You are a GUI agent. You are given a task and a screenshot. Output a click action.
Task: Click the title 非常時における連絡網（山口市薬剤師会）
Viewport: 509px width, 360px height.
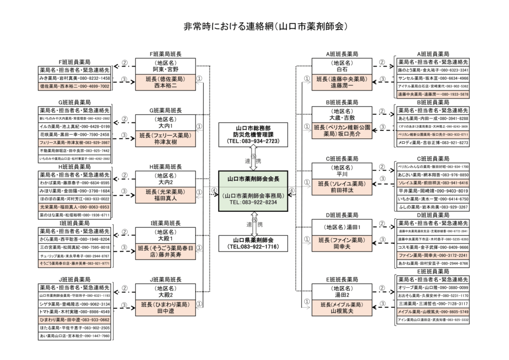point(254,25)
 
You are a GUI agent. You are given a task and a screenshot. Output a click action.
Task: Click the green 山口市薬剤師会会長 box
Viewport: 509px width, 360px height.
point(253,191)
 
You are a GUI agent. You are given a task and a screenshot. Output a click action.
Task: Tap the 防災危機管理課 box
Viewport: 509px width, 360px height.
point(253,134)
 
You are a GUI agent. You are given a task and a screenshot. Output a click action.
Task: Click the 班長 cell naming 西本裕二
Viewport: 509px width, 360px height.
point(166,83)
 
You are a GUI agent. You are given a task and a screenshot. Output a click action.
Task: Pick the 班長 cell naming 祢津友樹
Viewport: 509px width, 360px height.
point(166,138)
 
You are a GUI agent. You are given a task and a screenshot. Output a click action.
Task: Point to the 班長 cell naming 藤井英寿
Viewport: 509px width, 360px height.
point(166,252)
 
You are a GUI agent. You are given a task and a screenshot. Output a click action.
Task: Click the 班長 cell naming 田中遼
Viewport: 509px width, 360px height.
point(166,308)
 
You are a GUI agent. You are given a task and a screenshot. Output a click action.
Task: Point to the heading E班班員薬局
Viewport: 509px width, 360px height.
point(433,271)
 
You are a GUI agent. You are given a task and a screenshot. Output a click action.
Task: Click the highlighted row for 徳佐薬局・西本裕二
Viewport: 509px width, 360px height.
point(74,86)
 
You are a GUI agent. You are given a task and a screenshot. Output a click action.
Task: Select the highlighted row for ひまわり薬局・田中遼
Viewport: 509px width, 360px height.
point(74,320)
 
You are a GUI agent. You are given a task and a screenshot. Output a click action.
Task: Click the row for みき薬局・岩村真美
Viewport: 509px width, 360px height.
point(74,79)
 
